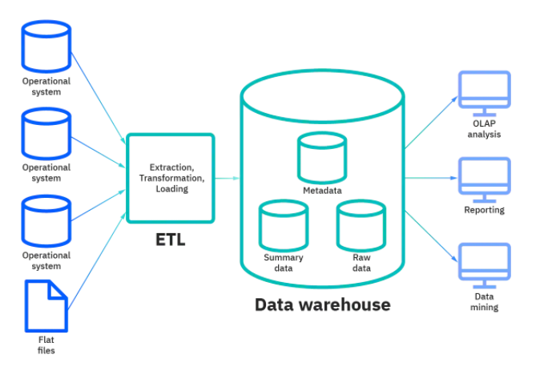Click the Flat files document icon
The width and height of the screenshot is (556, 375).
(x=46, y=305)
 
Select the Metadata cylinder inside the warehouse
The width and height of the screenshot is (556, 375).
(x=322, y=158)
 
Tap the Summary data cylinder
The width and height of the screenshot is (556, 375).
(x=283, y=225)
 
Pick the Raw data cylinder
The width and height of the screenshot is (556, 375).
(x=361, y=225)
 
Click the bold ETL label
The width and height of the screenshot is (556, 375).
(x=170, y=239)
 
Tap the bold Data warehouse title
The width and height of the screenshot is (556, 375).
(x=322, y=304)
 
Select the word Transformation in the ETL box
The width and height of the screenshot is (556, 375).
(x=171, y=178)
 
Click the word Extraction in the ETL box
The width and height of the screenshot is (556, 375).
(x=171, y=167)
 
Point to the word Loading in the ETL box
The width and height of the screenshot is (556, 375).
(x=171, y=189)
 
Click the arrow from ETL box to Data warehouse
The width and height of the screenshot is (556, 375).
(x=228, y=178)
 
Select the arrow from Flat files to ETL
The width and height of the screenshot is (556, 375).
(x=98, y=248)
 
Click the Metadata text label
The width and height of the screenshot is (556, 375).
(x=322, y=191)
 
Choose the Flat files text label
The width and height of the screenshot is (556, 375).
(x=46, y=345)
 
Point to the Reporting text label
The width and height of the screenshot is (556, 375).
(x=484, y=210)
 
